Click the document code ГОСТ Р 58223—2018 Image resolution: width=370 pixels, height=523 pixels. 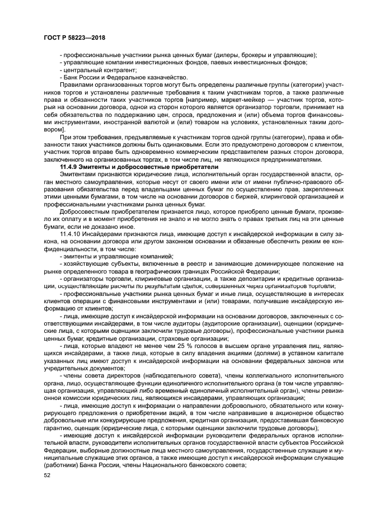(x=74, y=37)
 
